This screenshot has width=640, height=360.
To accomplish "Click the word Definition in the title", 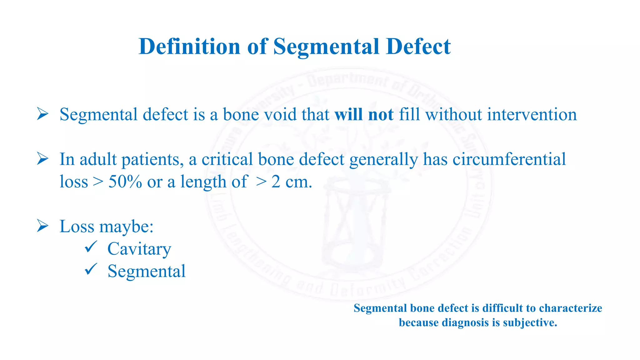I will click(189, 47).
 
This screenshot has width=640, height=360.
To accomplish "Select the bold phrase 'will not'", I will click(364, 114).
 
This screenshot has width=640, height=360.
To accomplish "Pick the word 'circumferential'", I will click(509, 159).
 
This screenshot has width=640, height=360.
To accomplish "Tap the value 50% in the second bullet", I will click(125, 182).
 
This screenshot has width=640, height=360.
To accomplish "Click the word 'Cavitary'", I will click(139, 249).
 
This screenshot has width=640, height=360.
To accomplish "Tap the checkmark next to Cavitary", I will click(91, 247).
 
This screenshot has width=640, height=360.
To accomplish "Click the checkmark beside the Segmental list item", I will click(91, 269).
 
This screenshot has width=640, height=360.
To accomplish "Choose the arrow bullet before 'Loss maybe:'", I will click(42, 226).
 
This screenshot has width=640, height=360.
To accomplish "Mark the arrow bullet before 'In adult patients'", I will click(42, 159).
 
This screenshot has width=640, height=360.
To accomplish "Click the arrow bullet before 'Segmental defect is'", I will click(42, 114).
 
